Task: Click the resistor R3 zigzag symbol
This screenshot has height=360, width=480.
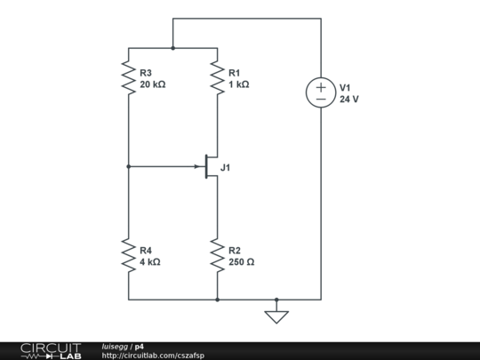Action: (128, 77)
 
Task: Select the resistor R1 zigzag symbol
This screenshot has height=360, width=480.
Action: (217, 77)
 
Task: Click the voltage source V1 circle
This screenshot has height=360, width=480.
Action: (321, 92)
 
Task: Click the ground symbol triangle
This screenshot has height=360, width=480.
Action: (276, 315)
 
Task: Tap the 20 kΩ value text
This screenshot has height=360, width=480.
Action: (154, 84)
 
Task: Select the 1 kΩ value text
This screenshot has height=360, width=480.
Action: (239, 84)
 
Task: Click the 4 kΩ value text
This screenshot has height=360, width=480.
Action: (150, 263)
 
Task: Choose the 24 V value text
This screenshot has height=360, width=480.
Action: (349, 99)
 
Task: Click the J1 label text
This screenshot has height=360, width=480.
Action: (226, 166)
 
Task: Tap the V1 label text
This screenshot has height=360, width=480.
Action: (346, 87)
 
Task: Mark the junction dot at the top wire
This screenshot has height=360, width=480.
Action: (172, 48)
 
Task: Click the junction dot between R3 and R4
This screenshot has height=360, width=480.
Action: (128, 166)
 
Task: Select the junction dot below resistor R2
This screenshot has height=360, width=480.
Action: (217, 300)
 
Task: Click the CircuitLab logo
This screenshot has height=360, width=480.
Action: (50, 350)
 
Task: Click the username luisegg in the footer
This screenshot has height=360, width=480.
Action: (115, 346)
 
